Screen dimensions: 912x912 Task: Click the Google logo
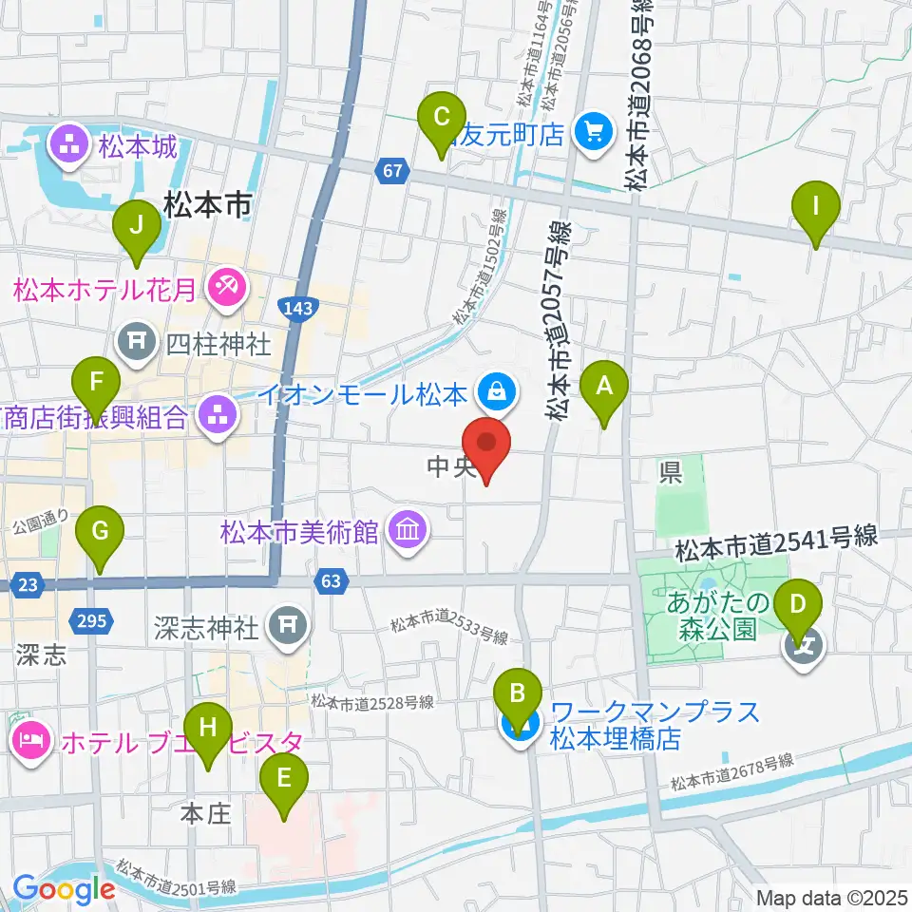(64, 890)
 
